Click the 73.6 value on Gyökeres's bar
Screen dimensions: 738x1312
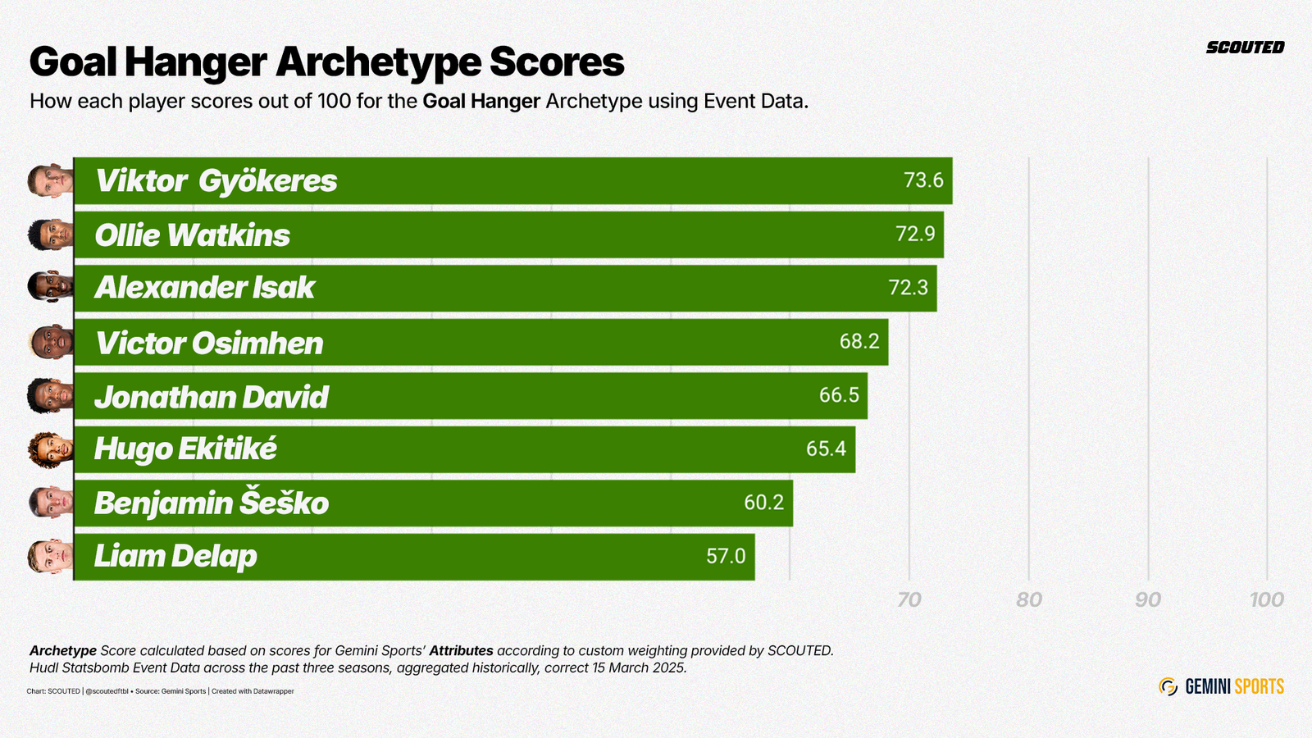pos(923,180)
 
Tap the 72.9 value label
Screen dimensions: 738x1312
pos(915,235)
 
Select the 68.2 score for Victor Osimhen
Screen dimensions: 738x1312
pos(859,341)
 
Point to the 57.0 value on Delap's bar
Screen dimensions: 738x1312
pos(726,557)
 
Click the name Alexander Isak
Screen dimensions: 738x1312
pos(204,288)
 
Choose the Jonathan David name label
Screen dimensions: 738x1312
pos(211,397)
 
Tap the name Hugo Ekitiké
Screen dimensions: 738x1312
pos(185,449)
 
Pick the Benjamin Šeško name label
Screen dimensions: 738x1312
pos(211,503)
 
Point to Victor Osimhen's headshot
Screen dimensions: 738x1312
pos(50,341)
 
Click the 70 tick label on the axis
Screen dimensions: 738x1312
pos(909,600)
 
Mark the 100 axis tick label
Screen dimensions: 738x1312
pos(1266,600)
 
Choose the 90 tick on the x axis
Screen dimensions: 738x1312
pos(1147,600)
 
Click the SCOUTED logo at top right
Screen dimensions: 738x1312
pos(1245,48)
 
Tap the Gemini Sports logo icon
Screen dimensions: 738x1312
pos(1168,686)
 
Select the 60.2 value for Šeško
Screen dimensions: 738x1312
pos(763,503)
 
